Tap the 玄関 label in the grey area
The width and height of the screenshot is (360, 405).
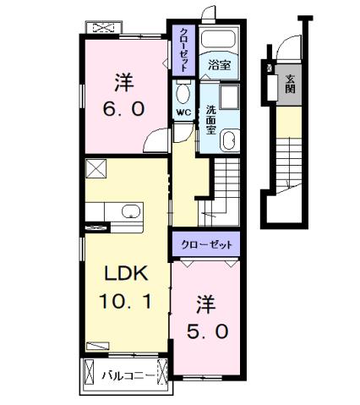[291, 84]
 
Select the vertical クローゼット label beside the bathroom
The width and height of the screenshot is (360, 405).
[183, 48]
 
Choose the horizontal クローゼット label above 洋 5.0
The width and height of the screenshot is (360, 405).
[205, 245]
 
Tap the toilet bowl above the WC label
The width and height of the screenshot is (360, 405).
[183, 91]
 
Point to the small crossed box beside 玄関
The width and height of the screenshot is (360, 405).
[270, 69]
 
